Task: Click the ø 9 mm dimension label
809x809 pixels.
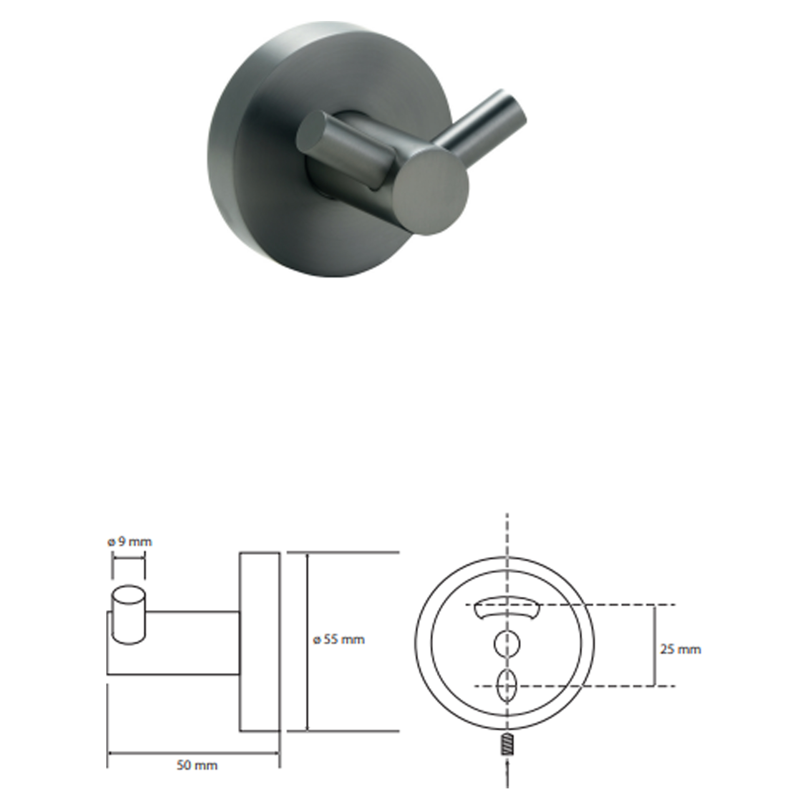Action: pos(129,542)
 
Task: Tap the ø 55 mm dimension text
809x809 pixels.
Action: pos(339,640)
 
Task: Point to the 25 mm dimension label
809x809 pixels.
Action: pos(680,650)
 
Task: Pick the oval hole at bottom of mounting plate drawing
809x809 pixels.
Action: pos(507,686)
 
